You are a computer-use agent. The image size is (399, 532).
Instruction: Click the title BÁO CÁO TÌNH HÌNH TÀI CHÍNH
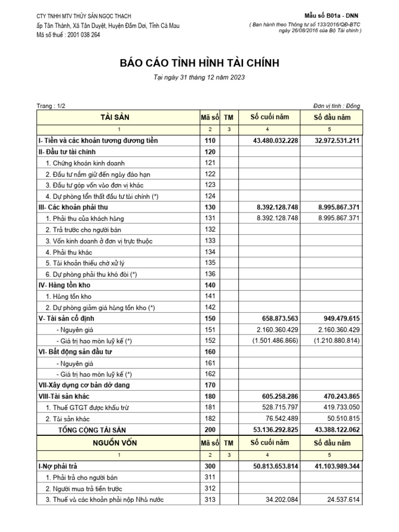tap(199, 63)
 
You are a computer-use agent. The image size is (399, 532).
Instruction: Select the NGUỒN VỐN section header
tap(118, 443)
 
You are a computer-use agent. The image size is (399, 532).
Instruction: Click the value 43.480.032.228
tap(268, 141)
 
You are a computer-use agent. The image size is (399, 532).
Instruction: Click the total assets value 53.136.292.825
tap(268, 429)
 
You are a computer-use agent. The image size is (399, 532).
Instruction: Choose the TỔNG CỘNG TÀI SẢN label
tap(91, 429)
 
